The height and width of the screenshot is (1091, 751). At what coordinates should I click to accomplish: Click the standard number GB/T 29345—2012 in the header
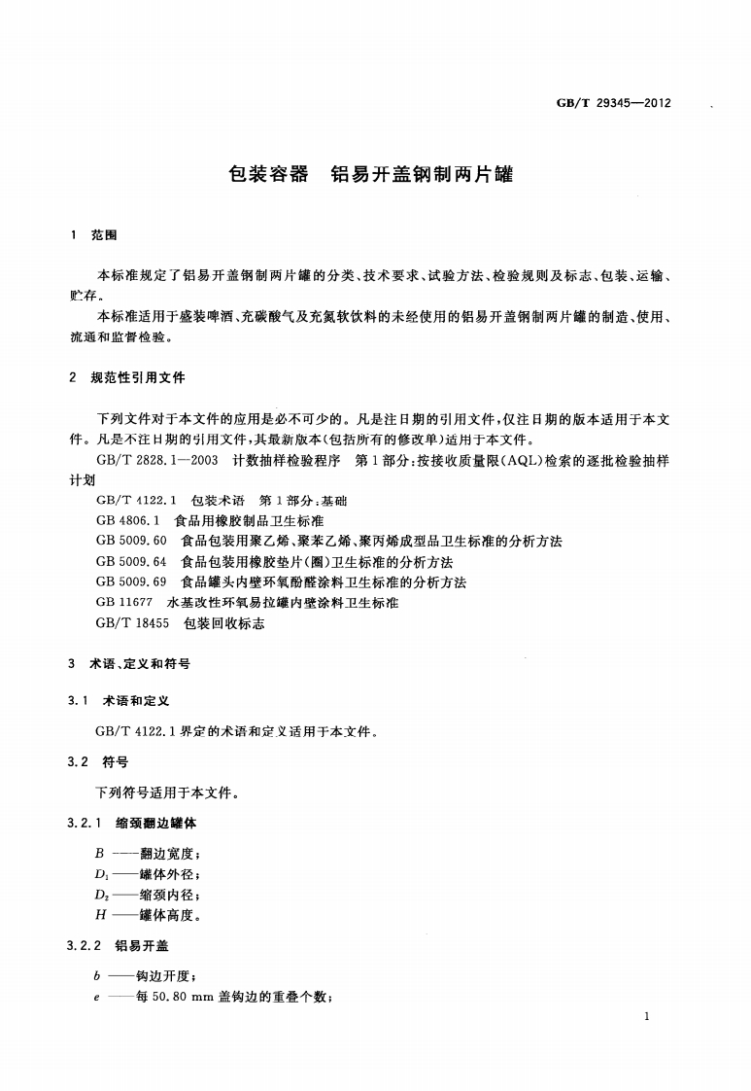pos(614,103)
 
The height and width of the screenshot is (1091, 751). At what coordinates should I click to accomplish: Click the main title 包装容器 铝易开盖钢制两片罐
pos(369,175)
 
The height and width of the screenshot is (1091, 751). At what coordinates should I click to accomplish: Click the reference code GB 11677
pos(125,603)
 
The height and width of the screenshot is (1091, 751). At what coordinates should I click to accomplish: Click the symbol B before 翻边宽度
pos(100,854)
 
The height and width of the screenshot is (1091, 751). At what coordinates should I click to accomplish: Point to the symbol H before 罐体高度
pos(100,915)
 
